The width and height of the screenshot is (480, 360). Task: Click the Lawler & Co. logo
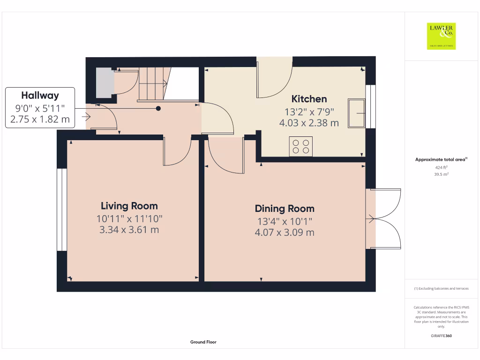tap(441, 36)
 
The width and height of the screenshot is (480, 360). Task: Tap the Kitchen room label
tap(309, 99)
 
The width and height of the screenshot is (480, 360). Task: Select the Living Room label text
tap(129, 206)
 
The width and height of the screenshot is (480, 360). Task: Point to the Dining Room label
tap(285, 209)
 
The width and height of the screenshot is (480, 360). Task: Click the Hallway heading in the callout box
tap(40, 96)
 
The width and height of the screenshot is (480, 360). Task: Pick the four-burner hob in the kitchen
tap(301, 146)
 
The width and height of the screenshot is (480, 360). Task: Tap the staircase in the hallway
tap(153, 84)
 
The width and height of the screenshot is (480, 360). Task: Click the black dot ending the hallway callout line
tap(158, 109)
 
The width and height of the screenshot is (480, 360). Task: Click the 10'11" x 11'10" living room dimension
tap(129, 218)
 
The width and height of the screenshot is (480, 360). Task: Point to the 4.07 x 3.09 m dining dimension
tap(285, 232)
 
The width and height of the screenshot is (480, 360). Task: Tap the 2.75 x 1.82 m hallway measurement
tap(40, 120)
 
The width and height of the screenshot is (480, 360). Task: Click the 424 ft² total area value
tap(442, 167)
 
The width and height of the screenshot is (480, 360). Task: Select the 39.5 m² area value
tap(442, 174)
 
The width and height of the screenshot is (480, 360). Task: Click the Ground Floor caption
tap(203, 342)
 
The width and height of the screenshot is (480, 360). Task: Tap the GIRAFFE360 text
tap(442, 336)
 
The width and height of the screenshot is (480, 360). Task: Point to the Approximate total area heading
tap(441, 160)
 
